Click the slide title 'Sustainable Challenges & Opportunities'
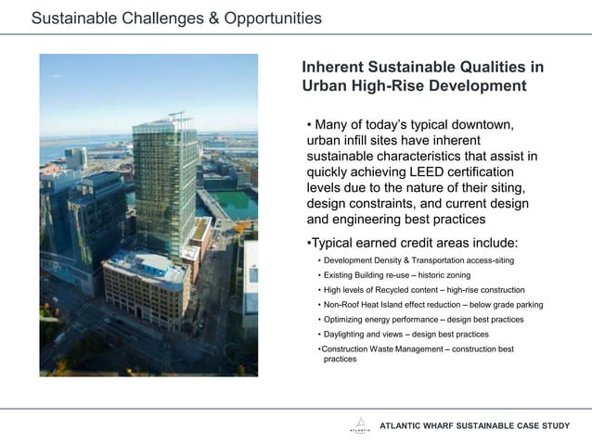[x=176, y=18]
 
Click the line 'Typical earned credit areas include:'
[x=412, y=243]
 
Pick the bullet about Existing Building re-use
[x=396, y=275]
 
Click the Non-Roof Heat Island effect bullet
[x=432, y=305]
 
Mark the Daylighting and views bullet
[x=405, y=334]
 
